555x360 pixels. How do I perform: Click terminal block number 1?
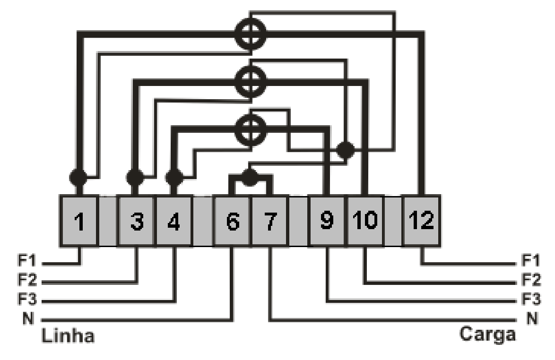click(x=78, y=221)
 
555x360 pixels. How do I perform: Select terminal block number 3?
click(x=137, y=221)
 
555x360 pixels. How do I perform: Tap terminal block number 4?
click(x=174, y=221)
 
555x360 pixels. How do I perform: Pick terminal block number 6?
click(x=232, y=221)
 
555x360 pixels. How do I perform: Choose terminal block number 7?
click(x=269, y=221)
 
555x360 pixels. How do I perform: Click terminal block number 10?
click(x=365, y=221)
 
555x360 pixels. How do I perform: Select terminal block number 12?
click(x=422, y=221)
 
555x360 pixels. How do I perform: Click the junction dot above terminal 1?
click(x=78, y=177)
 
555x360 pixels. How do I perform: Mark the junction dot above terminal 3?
click(x=135, y=177)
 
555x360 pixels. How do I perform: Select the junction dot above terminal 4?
click(x=174, y=177)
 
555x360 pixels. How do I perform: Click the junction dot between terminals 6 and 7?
click(x=250, y=177)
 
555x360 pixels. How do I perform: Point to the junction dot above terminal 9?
click(x=345, y=150)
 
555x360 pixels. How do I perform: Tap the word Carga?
click(x=487, y=334)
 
